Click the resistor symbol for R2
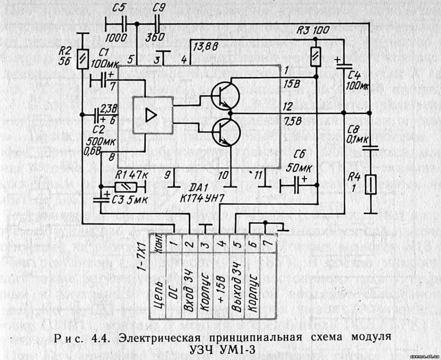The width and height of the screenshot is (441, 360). tap(82, 59)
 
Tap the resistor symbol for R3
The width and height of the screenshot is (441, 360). tap(315, 57)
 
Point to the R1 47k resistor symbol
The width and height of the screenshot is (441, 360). tap(126, 187)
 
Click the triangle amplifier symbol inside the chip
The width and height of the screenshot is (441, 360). tap(151, 115)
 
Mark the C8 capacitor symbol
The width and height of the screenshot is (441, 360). tap(370, 148)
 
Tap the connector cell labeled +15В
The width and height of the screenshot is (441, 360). tap(221, 279)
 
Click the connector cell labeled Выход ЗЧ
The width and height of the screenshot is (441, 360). tap(237, 279)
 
